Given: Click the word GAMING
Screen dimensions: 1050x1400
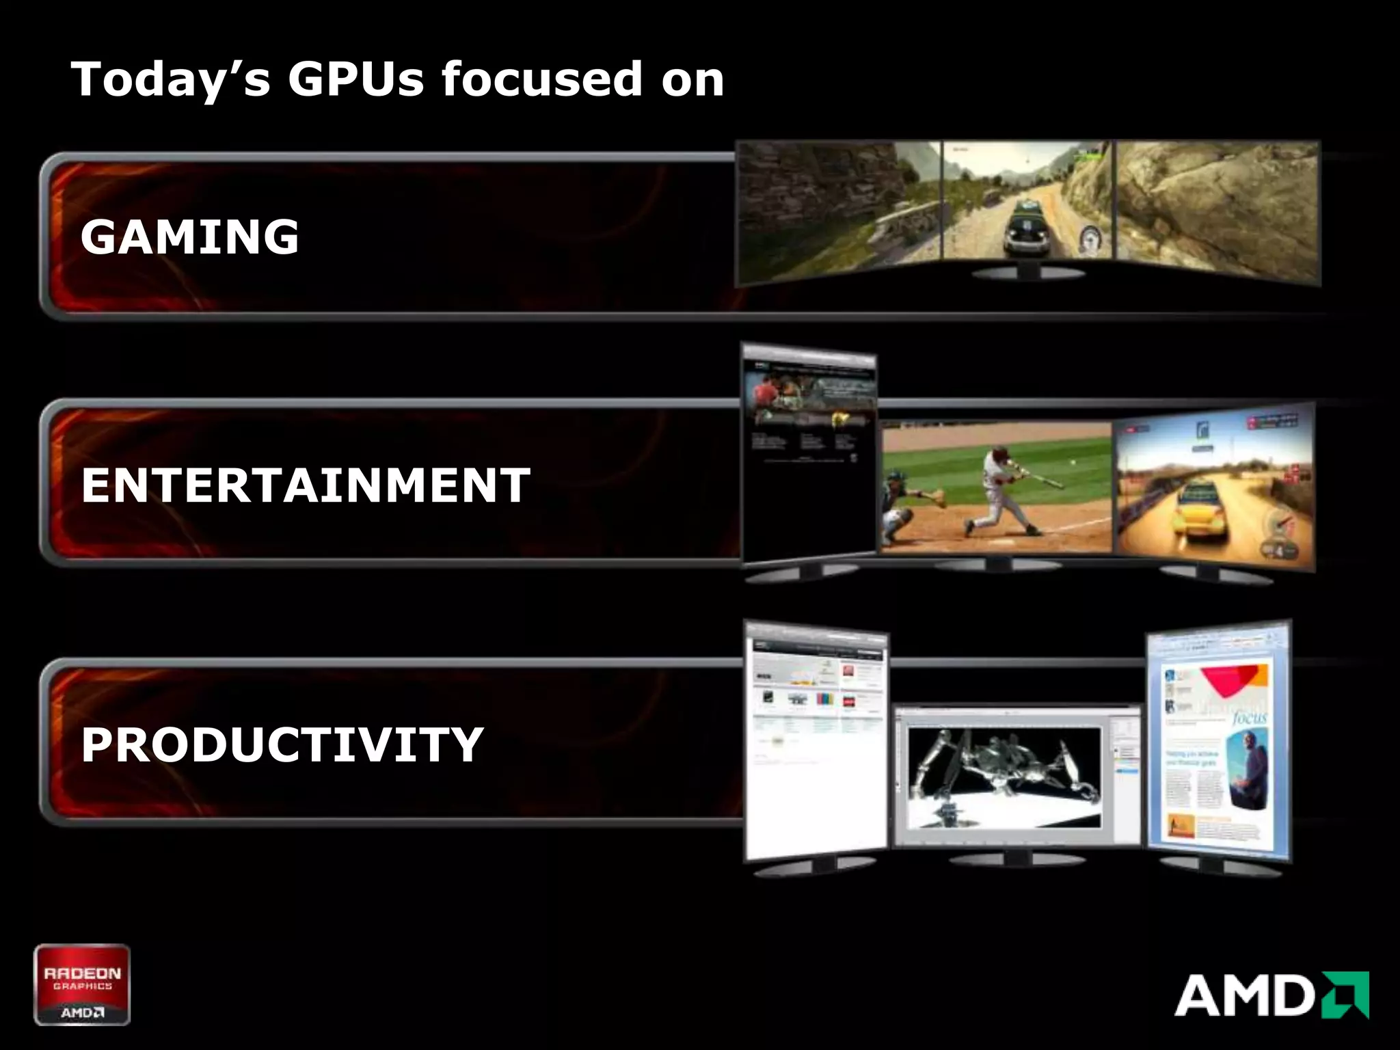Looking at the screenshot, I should click(189, 237).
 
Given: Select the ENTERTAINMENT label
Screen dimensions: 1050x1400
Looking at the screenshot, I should click(306, 485).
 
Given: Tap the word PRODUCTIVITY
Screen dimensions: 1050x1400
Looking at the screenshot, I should click(282, 744).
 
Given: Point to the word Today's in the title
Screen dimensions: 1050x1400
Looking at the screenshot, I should click(171, 79).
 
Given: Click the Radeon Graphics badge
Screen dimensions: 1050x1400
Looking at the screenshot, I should click(82, 984).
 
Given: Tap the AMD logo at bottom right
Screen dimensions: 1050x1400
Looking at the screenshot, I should click(1271, 995).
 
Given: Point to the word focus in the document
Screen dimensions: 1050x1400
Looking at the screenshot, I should click(1250, 718).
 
